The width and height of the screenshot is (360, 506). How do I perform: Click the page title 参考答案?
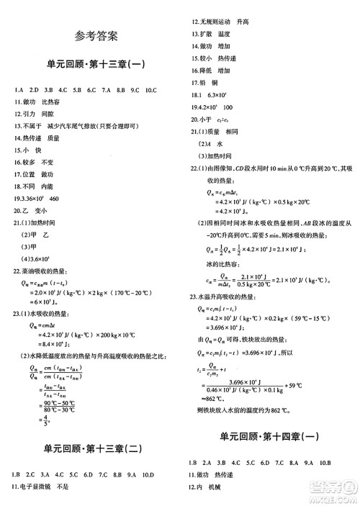point(96,35)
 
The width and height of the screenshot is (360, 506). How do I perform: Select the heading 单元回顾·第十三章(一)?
point(96,65)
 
